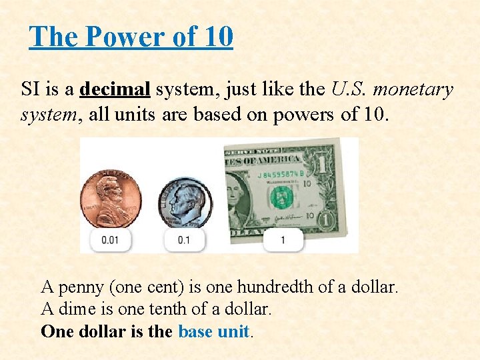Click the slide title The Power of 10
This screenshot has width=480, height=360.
click(131, 37)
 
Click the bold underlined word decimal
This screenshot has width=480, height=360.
click(116, 89)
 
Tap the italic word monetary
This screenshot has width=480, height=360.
click(413, 89)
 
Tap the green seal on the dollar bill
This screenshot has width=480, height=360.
click(281, 197)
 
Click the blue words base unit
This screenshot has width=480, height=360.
click(213, 331)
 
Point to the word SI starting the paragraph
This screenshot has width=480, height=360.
click(30, 89)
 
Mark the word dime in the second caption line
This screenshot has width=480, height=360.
click(75, 309)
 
